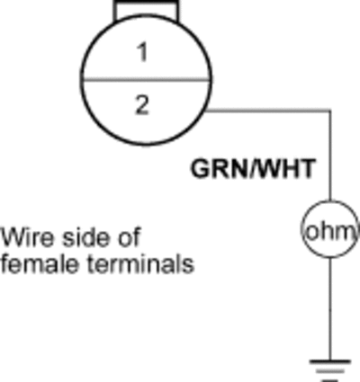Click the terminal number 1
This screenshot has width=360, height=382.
[143, 52]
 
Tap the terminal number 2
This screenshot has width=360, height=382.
[142, 105]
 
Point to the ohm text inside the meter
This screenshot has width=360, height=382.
[330, 232]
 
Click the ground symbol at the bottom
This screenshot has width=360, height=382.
[330, 371]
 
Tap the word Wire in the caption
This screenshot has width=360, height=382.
[28, 237]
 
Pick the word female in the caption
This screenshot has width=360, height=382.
[40, 263]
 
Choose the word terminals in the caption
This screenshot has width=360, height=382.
[141, 263]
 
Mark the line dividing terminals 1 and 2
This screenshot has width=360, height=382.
[146, 80]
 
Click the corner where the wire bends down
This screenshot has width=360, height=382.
[330, 111]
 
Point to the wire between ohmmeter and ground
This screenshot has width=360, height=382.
[330, 308]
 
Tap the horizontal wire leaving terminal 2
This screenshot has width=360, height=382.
[268, 111]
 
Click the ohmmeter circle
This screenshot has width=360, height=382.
[330, 201]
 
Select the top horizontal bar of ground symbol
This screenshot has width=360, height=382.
[330, 361]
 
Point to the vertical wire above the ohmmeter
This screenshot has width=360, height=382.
[330, 155]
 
